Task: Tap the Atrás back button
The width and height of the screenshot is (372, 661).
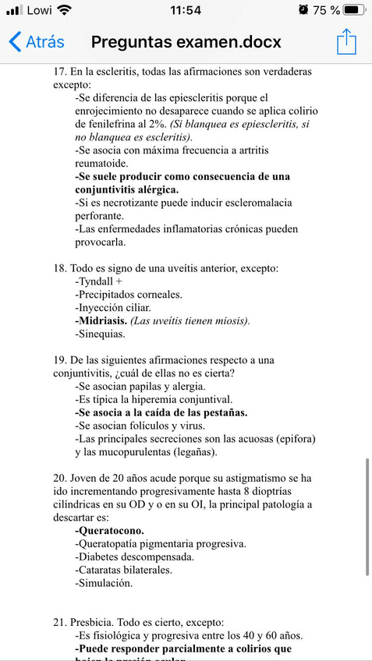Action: [37, 42]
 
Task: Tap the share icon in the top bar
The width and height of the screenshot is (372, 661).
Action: [346, 42]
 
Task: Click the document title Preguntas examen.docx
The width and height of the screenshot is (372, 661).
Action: [186, 42]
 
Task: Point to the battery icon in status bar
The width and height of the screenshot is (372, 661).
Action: [355, 10]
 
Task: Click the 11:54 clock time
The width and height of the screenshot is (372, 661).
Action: [186, 10]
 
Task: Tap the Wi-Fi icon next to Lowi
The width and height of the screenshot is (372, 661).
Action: [64, 10]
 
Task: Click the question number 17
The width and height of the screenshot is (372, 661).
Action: [60, 72]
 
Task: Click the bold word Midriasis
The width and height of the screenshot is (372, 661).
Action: [101, 320]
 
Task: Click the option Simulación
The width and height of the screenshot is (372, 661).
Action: [105, 583]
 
